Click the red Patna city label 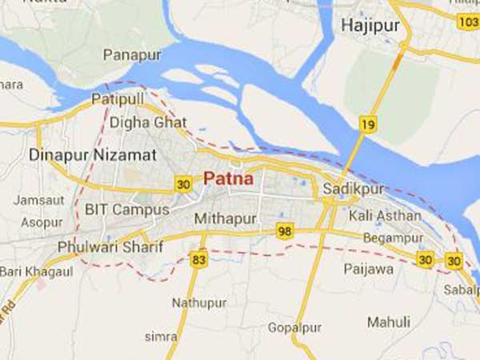tap(228, 179)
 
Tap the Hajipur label tap(370, 26)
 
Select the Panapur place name tap(132, 55)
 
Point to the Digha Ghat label tap(148, 122)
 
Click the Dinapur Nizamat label tap(92, 155)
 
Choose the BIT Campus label tap(127, 209)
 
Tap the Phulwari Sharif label tap(110, 247)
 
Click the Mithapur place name tap(225, 218)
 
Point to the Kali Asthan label tap(385, 216)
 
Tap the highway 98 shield tap(285, 231)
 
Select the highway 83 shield tap(198, 260)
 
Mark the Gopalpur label tap(294, 328)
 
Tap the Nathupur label tap(199, 303)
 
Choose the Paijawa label tap(368, 269)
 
